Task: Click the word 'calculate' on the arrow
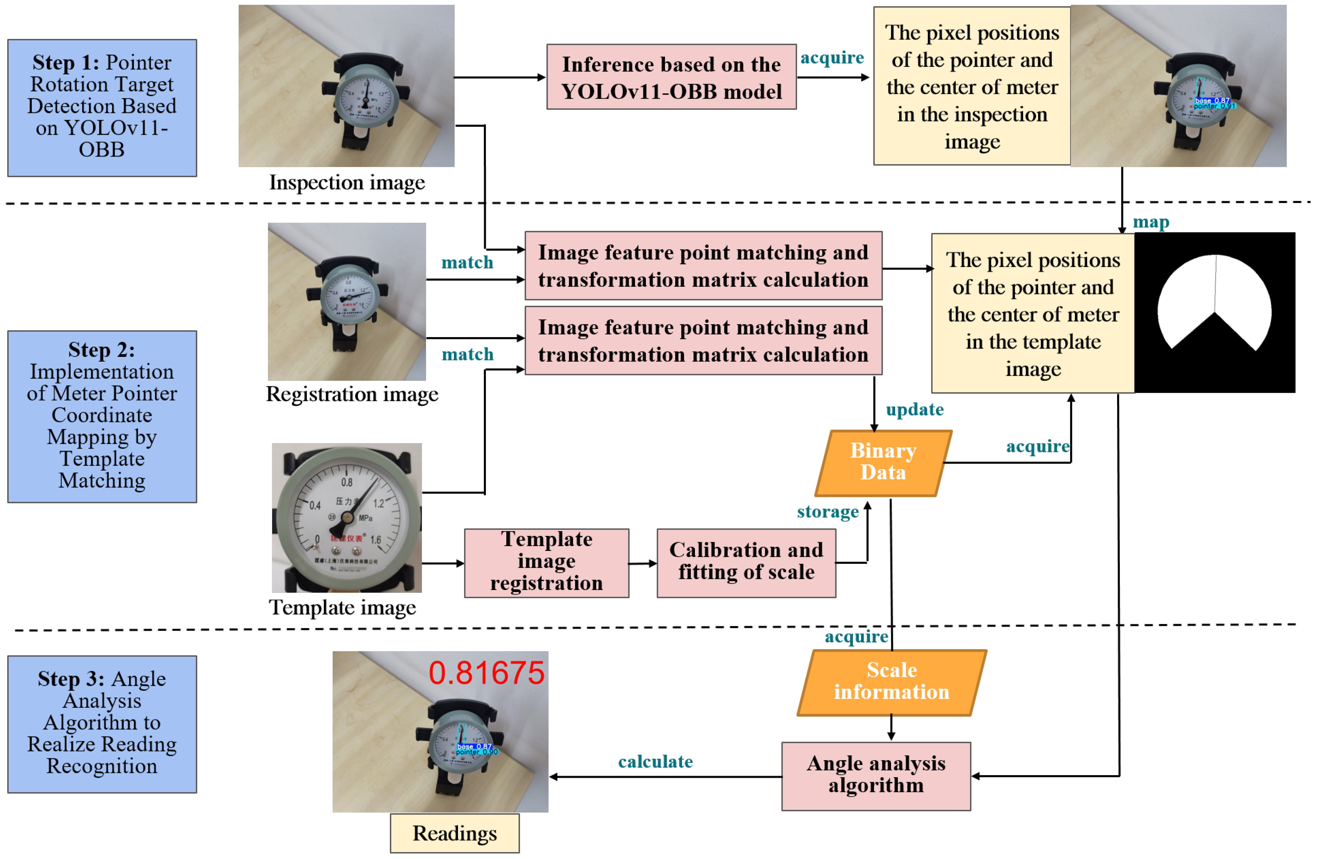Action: [655, 761]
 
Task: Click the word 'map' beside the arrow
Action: [1151, 222]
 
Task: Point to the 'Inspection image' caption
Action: [347, 182]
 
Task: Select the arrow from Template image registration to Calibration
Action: [643, 563]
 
